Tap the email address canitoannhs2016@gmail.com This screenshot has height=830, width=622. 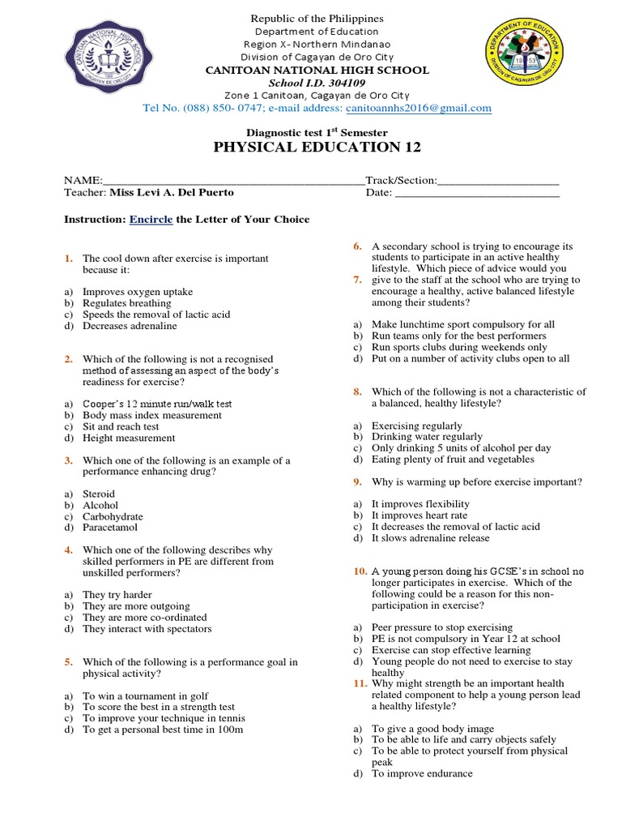pyautogui.click(x=418, y=108)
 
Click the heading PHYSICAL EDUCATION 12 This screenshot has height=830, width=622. pyautogui.click(x=306, y=147)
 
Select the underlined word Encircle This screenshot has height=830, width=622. pyautogui.click(x=151, y=220)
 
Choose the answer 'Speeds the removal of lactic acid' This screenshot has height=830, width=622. pyautogui.click(x=156, y=314)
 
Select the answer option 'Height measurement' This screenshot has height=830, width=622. pyautogui.click(x=129, y=438)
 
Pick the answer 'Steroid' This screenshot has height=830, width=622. pyautogui.click(x=99, y=494)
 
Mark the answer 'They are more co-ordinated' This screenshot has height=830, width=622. pyautogui.click(x=144, y=618)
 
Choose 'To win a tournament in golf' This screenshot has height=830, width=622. pyautogui.click(x=146, y=695)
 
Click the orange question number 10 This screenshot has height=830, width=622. pyautogui.click(x=360, y=571)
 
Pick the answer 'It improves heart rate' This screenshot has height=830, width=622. pyautogui.click(x=420, y=516)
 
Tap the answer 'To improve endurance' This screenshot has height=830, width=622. pyautogui.click(x=421, y=774)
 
